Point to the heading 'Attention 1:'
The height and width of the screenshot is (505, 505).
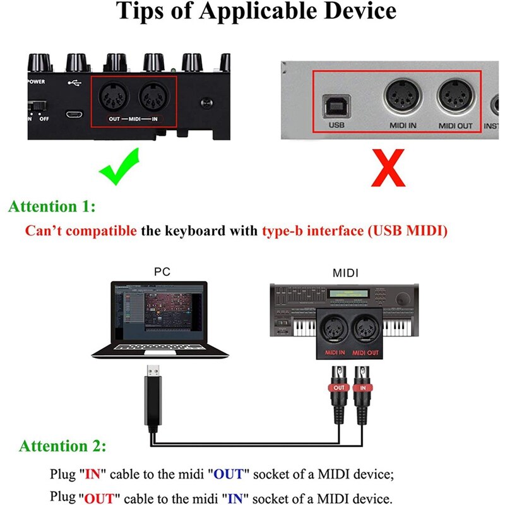(x=52, y=206)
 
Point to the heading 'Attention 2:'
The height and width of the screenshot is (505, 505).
(x=62, y=446)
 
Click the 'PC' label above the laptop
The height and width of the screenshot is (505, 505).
(x=162, y=272)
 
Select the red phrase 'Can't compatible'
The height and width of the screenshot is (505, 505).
(x=80, y=230)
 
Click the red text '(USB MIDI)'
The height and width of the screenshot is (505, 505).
(x=407, y=230)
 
